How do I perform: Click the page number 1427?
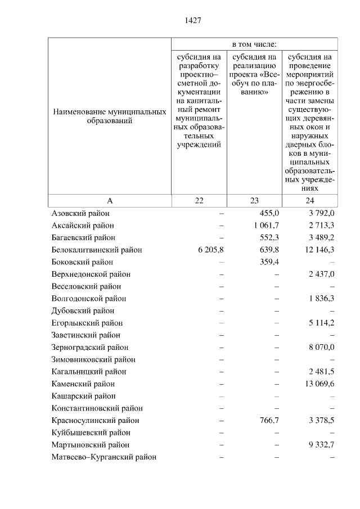[192, 20]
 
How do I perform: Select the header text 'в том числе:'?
[254, 44]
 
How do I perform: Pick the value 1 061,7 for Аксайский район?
[267, 226]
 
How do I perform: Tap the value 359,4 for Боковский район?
[269, 262]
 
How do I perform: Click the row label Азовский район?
[80, 213]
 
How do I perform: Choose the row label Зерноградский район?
[89, 348]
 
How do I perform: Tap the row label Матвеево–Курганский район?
[103, 457]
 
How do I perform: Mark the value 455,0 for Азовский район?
[269, 213]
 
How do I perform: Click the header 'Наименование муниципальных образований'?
[110, 116]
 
